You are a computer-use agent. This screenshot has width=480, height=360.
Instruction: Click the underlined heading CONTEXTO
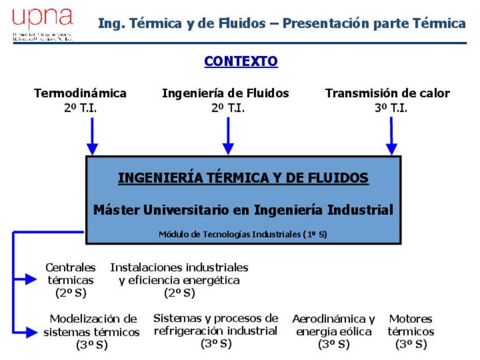[x=241, y=61]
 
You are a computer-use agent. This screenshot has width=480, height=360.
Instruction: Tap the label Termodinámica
[x=80, y=93]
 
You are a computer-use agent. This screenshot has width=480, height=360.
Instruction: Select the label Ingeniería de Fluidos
[x=225, y=93]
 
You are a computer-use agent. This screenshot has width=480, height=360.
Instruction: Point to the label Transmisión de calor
[x=387, y=93]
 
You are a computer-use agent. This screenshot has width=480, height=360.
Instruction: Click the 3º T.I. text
[x=391, y=108]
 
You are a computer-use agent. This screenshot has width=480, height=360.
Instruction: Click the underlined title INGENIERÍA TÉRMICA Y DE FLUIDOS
[x=243, y=178]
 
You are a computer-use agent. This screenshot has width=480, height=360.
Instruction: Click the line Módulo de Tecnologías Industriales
[x=243, y=234]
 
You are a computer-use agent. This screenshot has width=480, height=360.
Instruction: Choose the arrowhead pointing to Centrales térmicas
[x=31, y=278]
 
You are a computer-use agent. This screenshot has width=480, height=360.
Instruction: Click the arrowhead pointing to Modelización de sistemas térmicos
[x=31, y=332]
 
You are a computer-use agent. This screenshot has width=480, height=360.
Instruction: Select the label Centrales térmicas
[x=71, y=273]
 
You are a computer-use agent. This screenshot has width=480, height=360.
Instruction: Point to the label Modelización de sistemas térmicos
[x=92, y=325]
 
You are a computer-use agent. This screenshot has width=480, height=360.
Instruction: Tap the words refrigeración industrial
[x=216, y=331]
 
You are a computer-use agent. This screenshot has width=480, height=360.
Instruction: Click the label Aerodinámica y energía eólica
[x=333, y=325]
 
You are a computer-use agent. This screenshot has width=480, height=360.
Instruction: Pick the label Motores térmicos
[x=411, y=325]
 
